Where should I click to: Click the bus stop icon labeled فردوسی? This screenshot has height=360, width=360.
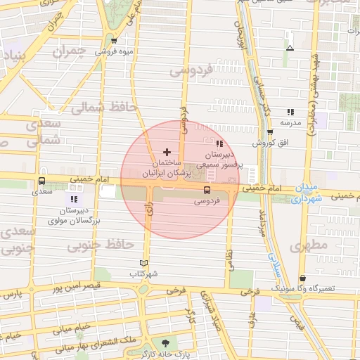click(x=207, y=190)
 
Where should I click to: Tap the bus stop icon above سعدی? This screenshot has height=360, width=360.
click(x=42, y=181)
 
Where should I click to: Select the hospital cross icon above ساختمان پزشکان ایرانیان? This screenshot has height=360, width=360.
click(x=167, y=152)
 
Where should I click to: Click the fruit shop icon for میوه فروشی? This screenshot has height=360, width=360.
click(x=113, y=41)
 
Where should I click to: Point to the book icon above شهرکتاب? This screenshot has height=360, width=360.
click(x=146, y=263)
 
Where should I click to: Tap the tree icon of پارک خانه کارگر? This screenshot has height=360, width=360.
click(x=165, y=343)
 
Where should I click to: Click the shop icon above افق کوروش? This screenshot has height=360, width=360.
click(x=270, y=132)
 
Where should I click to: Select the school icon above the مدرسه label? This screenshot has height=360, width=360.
click(x=290, y=111)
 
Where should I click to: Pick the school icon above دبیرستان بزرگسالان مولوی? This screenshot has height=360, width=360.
click(x=74, y=199)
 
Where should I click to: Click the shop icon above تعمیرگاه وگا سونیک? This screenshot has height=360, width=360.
click(x=302, y=278)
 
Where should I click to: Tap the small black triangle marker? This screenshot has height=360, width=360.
click(x=290, y=49)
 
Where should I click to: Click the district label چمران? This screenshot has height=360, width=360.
click(x=72, y=52)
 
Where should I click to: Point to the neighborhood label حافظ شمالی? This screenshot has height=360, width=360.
click(x=98, y=107)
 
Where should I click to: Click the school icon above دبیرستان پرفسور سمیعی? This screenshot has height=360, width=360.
click(x=219, y=144)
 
